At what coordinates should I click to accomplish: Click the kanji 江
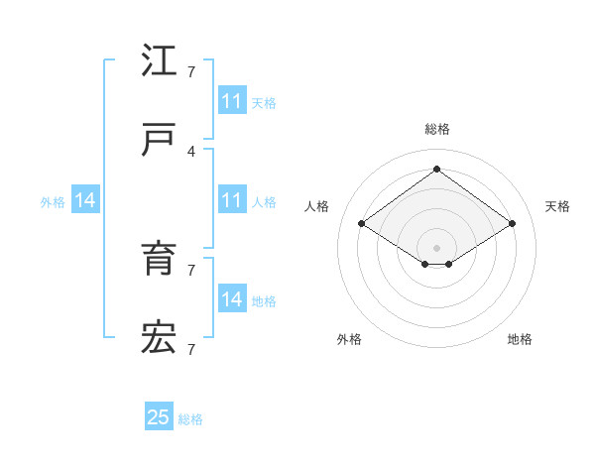pyautogui.click(x=159, y=61)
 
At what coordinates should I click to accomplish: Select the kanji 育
pyautogui.click(x=159, y=259)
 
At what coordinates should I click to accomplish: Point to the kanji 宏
pyautogui.click(x=159, y=337)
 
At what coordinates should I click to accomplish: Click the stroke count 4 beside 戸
pyautogui.click(x=191, y=151)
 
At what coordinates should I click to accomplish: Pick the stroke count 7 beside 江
pyautogui.click(x=191, y=71)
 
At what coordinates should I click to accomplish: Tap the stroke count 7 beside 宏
pyautogui.click(x=191, y=348)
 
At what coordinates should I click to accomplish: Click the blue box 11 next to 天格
pyautogui.click(x=231, y=101)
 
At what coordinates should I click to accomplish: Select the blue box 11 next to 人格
pyautogui.click(x=231, y=200)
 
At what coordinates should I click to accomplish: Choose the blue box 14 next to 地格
pyautogui.click(x=231, y=299)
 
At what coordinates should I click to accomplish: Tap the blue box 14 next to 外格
pyautogui.click(x=85, y=200)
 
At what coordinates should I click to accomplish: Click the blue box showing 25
pyautogui.click(x=159, y=417)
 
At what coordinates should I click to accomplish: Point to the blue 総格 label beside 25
pyautogui.click(x=190, y=419)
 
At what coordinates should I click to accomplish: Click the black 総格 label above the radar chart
pyautogui.click(x=436, y=129)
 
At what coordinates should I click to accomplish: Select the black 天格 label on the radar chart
pyautogui.click(x=558, y=206)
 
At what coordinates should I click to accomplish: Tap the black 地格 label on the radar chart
pyautogui.click(x=520, y=339)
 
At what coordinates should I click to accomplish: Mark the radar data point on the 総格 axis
pyautogui.click(x=436, y=169)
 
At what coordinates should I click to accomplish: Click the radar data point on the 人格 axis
pyautogui.click(x=362, y=224)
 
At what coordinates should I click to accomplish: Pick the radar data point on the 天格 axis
pyautogui.click(x=512, y=224)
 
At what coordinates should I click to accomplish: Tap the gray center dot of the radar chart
pyautogui.click(x=436, y=246)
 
